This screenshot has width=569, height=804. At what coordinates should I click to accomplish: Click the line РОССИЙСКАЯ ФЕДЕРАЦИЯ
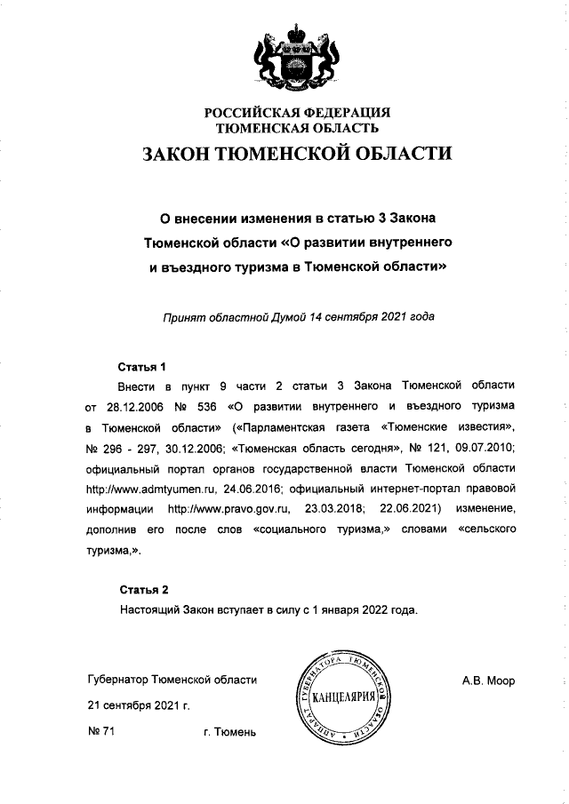tap(298, 113)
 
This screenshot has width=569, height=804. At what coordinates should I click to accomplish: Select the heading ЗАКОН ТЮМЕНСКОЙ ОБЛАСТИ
tap(298, 154)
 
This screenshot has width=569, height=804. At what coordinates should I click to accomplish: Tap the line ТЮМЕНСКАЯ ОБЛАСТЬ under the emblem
tap(298, 129)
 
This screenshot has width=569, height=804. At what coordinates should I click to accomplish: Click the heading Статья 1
tap(142, 366)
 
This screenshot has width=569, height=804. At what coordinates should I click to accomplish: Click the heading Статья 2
tap(142, 589)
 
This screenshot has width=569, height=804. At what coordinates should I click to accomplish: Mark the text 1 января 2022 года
tap(362, 610)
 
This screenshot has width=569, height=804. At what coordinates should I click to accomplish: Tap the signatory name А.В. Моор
tap(488, 681)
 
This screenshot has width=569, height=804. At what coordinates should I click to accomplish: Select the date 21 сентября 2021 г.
tap(139, 706)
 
